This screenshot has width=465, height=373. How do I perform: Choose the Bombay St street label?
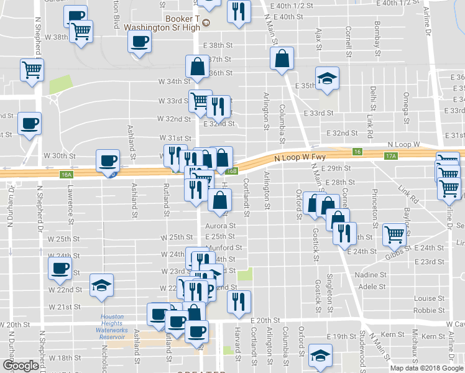click(x=377, y=38)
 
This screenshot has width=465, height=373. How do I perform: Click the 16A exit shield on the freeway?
click(x=67, y=175)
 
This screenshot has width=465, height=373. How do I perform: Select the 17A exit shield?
click(x=390, y=156)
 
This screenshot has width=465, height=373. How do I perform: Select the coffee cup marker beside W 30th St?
click(x=108, y=162)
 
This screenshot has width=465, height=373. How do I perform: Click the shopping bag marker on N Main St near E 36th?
click(x=282, y=59)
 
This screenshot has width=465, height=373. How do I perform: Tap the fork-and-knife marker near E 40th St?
click(x=238, y=12)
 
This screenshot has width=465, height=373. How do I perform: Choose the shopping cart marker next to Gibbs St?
click(x=394, y=234)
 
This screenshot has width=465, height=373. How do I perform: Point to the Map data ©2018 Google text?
click(x=426, y=368)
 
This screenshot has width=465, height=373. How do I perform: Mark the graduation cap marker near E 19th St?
click(x=320, y=356)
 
